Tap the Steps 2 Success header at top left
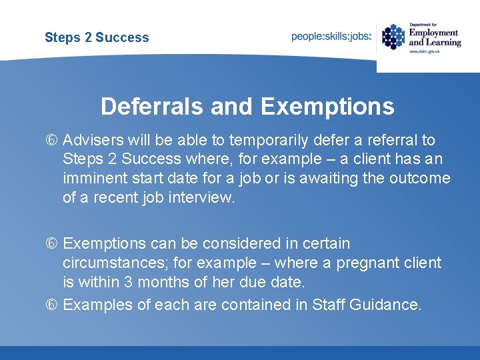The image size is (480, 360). click(97, 37)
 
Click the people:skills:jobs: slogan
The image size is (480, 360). click(331, 37)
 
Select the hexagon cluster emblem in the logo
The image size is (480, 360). click(393, 37)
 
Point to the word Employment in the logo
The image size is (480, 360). click(434, 33)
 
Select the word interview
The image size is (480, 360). click(203, 198)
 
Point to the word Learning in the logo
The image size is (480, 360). click(443, 42)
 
